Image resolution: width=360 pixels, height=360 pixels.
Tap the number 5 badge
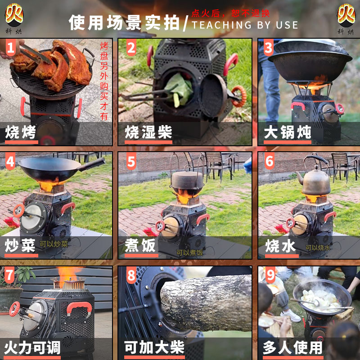[x=131, y=161]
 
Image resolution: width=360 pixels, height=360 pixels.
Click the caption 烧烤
[x=21, y=132]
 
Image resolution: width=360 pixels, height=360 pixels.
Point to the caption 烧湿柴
[x=148, y=132]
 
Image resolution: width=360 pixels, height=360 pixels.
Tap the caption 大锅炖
[x=287, y=132]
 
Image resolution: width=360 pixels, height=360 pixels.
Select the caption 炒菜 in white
[x=21, y=246]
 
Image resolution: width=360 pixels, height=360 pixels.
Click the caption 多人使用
[x=293, y=347]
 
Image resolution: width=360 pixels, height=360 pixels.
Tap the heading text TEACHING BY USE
[x=245, y=25]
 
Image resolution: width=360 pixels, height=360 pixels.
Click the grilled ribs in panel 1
[x=54, y=63]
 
